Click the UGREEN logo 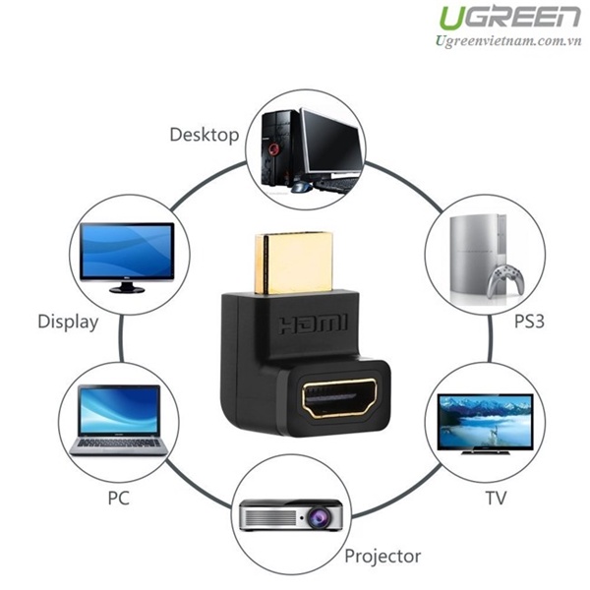(x=509, y=18)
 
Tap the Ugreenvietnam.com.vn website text (x=508, y=41)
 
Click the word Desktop (x=205, y=135)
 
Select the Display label (x=68, y=323)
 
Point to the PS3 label (x=529, y=322)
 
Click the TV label (x=496, y=499)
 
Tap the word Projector (x=383, y=557)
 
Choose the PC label (x=119, y=499)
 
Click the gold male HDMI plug (x=294, y=264)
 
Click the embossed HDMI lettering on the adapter (x=314, y=324)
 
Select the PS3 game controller (x=505, y=280)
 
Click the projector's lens (x=319, y=518)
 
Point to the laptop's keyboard (x=119, y=442)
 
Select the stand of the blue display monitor (x=127, y=287)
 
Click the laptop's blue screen (x=119, y=410)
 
